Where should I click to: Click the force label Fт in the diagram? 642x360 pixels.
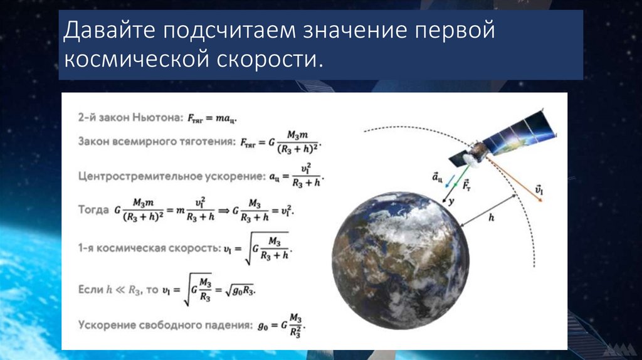pyautogui.click(x=466, y=185)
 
